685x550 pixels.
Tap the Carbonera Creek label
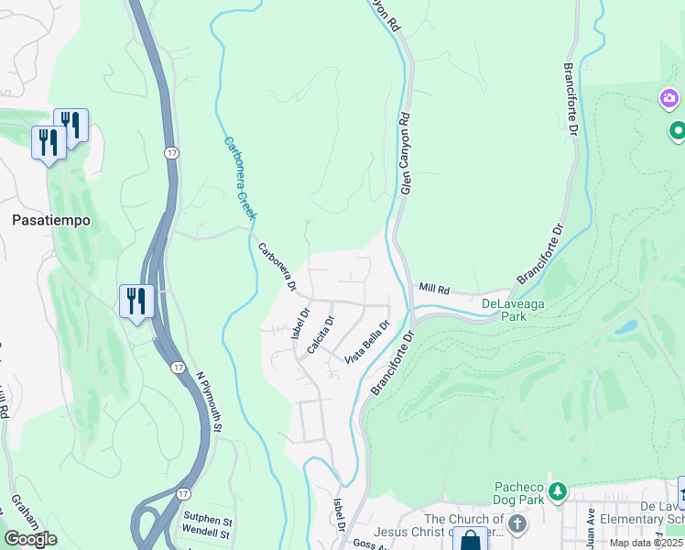coord(241,179)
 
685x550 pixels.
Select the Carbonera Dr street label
coord(277,267)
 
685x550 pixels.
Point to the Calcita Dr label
coord(321,335)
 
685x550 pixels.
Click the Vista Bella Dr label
coord(367,341)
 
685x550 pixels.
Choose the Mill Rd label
coord(435,288)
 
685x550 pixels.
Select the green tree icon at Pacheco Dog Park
coord(557,495)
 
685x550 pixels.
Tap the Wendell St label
coord(205,533)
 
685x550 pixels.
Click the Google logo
coord(30,539)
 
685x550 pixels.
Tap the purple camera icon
coord(669,98)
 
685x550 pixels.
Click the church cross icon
coord(517,525)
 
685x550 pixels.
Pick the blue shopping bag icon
coord(471,541)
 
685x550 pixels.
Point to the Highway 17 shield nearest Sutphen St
coord(185,494)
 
